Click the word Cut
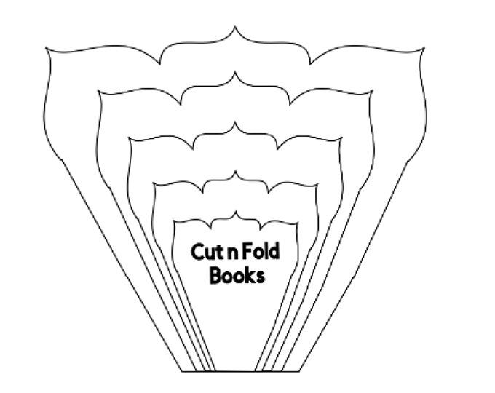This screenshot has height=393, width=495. click(205, 252)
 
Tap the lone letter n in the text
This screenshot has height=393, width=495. click(229, 253)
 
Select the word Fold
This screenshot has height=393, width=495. click(259, 251)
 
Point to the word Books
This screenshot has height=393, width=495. click(237, 276)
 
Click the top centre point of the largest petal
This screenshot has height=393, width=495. click(234, 27)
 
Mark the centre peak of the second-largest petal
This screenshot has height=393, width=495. click(234, 73)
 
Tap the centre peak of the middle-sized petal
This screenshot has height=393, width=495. click(235, 123)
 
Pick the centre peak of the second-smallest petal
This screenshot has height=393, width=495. click(236, 172)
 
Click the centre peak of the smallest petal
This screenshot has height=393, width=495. click(236, 212)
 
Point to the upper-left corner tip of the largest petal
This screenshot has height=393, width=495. click(46, 48)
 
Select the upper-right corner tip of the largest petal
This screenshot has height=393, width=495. click(424, 48)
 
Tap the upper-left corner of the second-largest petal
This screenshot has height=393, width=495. click(98, 91)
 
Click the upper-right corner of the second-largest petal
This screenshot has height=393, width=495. click(373, 91)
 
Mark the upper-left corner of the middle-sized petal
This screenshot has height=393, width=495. click(130, 138)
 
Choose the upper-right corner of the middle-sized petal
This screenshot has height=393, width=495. click(342, 138)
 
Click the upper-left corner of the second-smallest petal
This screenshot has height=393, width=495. click(154, 183)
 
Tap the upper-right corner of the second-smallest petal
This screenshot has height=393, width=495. click(317, 184)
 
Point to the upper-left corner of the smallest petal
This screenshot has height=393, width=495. click(174, 222)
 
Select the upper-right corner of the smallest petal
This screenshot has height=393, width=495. click(298, 223)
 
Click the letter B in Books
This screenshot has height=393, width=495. click(215, 275)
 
